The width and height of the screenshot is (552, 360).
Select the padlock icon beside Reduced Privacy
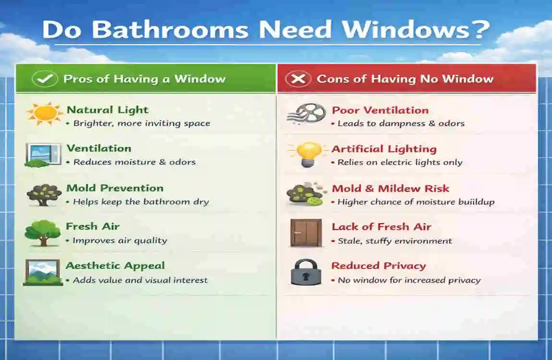(x=306, y=272)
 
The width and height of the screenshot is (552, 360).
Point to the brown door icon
(x=305, y=233)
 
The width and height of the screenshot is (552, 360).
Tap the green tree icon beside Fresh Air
(x=43, y=233)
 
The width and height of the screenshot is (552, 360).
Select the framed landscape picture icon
(x=43, y=272)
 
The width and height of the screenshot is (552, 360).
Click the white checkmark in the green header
(x=45, y=79)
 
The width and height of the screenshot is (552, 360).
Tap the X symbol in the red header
(x=298, y=79)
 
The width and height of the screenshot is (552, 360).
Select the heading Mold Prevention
(x=115, y=188)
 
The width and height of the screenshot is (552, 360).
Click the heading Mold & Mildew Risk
(x=390, y=189)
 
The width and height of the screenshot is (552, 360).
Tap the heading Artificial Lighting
(x=384, y=149)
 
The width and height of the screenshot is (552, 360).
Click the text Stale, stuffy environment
(x=395, y=240)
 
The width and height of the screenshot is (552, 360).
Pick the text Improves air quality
(x=120, y=240)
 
